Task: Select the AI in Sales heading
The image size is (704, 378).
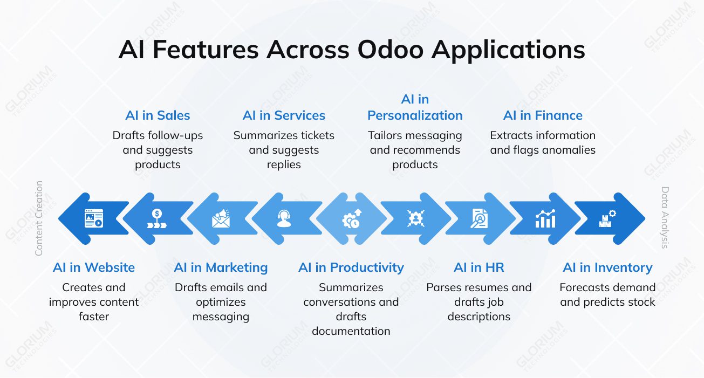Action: coord(158,115)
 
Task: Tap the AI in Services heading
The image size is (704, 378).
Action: coord(284,115)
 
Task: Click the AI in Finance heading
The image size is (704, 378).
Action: coord(543,115)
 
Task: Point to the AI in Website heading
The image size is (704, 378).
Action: coord(94,267)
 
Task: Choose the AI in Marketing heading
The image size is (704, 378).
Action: coord(221,267)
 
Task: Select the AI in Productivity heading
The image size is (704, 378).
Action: coord(351,267)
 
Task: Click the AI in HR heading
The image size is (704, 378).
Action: coord(479,267)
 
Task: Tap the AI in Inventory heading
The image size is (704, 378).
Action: coord(607,267)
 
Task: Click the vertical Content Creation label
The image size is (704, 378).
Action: coord(39,218)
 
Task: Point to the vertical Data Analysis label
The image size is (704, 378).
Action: coord(665,218)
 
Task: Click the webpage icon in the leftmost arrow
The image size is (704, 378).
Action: coord(93,218)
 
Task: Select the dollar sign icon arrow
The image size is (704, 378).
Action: coord(156,218)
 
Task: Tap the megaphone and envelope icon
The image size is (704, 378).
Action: coord(221,218)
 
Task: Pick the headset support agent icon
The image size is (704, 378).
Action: coord(284,218)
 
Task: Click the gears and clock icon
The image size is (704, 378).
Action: coord(351,218)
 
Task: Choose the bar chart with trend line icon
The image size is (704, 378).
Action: coord(545,218)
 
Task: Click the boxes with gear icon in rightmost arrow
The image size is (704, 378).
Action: coord(607,218)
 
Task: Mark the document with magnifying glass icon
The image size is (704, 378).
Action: coord(479,218)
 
